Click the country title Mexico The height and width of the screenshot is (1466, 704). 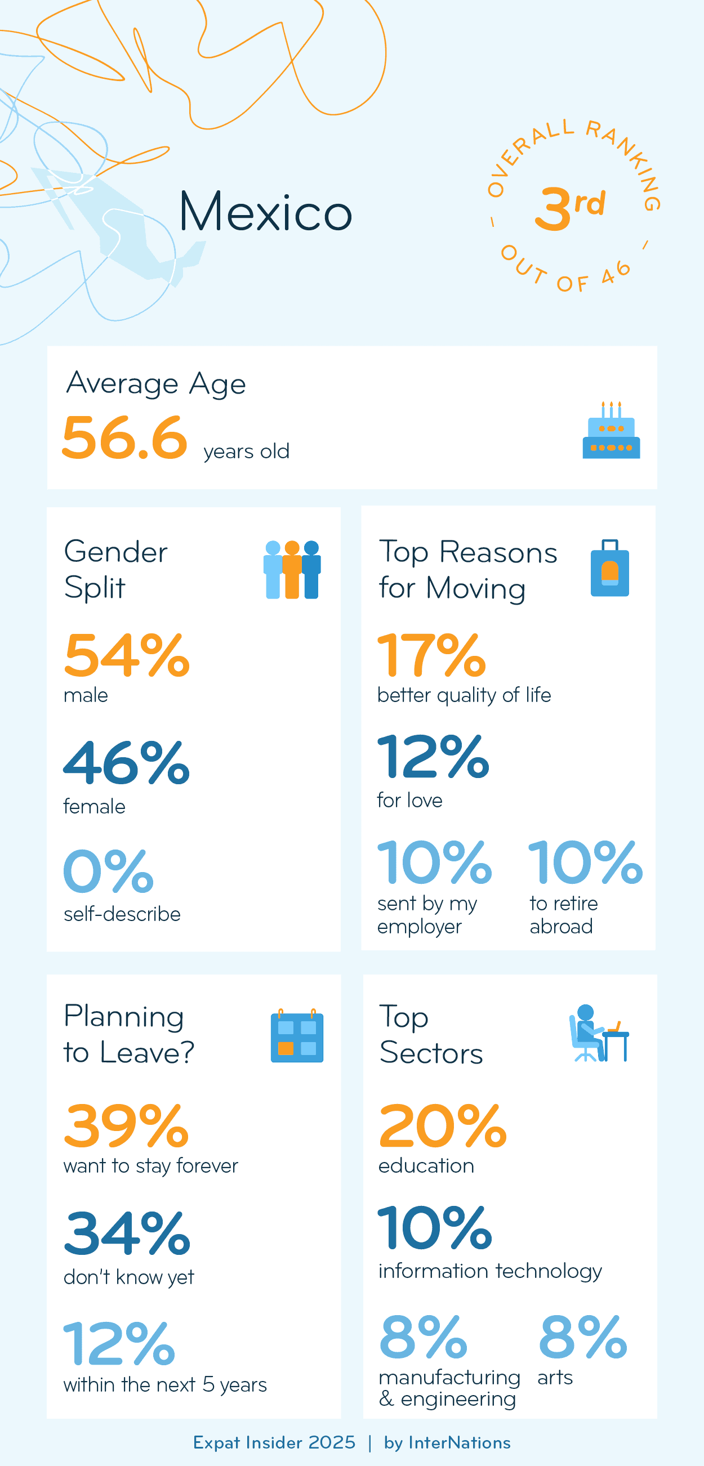(265, 212)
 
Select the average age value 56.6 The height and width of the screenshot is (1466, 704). (124, 437)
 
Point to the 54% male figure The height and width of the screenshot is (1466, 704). (126, 656)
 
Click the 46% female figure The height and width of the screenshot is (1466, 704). (126, 763)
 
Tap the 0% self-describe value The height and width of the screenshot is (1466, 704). (108, 871)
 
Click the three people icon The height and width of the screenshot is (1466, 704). (292, 569)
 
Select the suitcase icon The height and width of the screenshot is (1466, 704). (609, 568)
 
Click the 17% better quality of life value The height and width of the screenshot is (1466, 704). (431, 656)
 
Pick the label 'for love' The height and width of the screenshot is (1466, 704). (409, 800)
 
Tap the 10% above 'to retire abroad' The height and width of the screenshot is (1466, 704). (585, 862)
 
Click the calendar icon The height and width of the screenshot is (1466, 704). (296, 1036)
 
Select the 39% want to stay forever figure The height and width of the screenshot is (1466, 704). (126, 1126)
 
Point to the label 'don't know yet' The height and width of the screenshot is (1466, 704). (128, 1277)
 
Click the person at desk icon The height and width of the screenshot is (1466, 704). (598, 1034)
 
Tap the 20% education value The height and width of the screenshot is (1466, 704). (442, 1126)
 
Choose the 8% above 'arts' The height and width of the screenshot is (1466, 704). (583, 1337)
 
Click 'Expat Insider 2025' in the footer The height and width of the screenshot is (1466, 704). (274, 1443)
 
